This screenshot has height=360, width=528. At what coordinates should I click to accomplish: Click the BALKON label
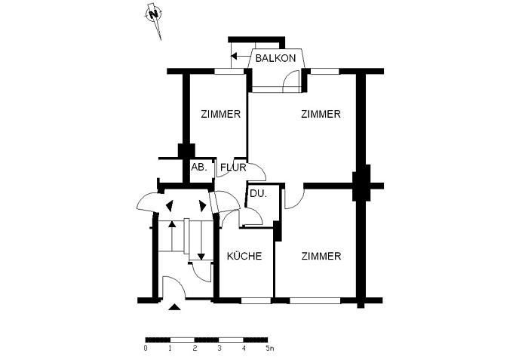click(x=275, y=58)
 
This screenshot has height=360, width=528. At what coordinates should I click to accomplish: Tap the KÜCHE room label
click(x=244, y=257)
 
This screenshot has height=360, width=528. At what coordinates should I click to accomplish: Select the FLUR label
click(x=233, y=168)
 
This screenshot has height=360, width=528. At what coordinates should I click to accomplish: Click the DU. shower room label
click(x=258, y=194)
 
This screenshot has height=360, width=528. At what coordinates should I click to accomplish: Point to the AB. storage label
click(x=199, y=167)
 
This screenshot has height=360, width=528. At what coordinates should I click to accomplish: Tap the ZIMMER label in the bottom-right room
click(x=321, y=257)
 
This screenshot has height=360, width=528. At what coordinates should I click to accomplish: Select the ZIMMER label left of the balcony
click(x=220, y=115)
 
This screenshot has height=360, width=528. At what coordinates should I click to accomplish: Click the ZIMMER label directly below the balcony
click(x=321, y=115)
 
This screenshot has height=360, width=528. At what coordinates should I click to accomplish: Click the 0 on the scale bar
click(x=146, y=349)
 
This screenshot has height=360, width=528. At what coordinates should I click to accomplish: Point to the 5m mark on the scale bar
click(x=270, y=349)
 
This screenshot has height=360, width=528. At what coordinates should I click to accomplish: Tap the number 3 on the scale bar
click(x=219, y=349)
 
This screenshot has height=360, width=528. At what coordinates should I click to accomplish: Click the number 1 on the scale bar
click(x=170, y=349)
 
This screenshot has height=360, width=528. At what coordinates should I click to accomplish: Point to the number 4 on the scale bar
click(x=244, y=349)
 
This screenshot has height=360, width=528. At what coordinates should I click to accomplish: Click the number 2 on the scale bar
click(x=195, y=349)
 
